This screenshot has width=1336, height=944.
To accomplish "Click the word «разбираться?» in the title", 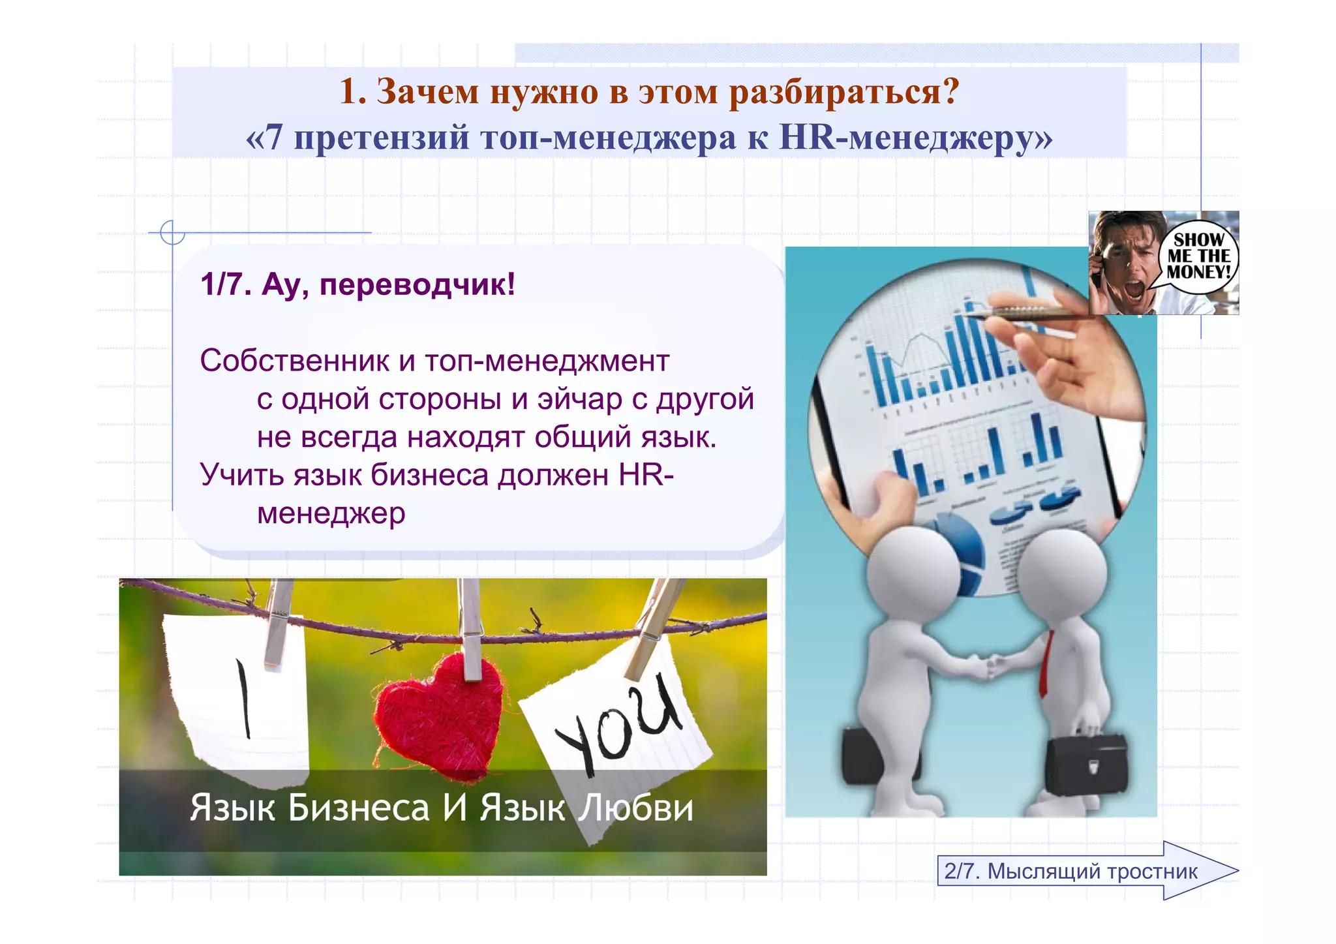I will click(x=844, y=91).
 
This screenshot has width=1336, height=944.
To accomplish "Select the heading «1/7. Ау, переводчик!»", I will click(x=357, y=284).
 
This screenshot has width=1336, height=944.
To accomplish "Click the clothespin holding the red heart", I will click(x=470, y=626).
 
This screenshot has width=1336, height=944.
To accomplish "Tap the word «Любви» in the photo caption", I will click(x=636, y=808).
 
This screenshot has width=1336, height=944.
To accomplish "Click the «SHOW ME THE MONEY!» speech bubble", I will click(x=1198, y=256).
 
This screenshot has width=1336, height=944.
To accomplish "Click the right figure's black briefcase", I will click(x=1086, y=763).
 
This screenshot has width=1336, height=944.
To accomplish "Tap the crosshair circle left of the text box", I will click(x=173, y=232).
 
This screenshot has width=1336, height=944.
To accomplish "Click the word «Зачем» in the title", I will click(x=428, y=91).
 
